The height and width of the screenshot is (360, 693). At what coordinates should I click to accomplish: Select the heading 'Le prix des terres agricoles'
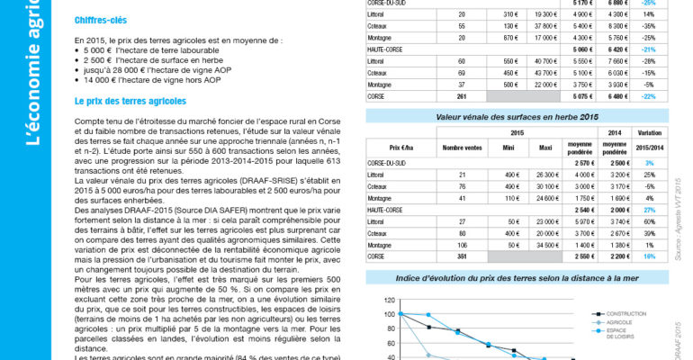pyautogui.click(x=130, y=101)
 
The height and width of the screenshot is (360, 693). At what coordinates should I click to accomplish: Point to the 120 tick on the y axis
pyautogui.click(x=390, y=301)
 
